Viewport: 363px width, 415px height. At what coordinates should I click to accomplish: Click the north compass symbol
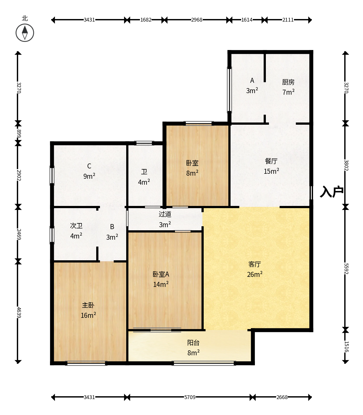click(25, 33)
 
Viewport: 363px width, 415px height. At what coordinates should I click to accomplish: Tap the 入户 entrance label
click(331, 192)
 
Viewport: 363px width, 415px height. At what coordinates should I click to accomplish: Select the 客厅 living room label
click(255, 264)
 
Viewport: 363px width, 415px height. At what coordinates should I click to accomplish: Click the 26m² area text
click(255, 274)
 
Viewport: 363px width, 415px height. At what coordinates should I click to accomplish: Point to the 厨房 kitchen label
click(288, 82)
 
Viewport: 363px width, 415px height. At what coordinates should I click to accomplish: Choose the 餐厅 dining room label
click(271, 161)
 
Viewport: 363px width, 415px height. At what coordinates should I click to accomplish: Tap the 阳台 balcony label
click(193, 342)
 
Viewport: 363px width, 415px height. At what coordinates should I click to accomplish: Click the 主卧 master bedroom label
click(88, 305)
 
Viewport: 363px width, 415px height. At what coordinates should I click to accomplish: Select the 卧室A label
click(161, 274)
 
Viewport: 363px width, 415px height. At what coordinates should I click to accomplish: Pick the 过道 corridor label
click(165, 214)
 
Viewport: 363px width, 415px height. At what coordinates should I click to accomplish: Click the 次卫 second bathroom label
click(76, 226)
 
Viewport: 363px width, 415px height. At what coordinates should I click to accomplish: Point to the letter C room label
click(89, 166)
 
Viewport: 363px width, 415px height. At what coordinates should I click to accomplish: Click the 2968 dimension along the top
click(197, 20)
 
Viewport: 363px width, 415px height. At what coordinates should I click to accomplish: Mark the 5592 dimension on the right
click(346, 269)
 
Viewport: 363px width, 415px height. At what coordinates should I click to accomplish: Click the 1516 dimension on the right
click(346, 347)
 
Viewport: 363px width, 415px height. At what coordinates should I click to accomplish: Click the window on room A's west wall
click(229, 89)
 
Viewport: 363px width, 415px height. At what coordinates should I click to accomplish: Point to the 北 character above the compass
click(25, 18)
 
